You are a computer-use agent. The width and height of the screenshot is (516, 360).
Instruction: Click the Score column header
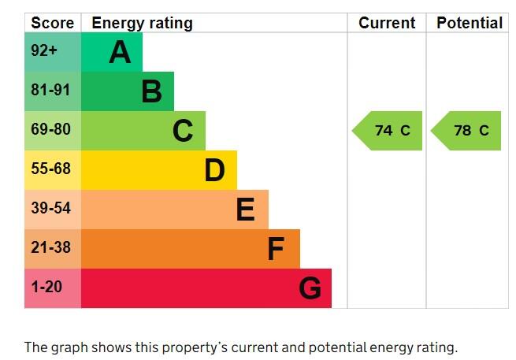click(x=52, y=23)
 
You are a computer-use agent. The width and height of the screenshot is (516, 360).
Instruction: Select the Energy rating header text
click(x=142, y=24)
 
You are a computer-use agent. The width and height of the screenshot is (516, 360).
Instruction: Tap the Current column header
click(x=387, y=23)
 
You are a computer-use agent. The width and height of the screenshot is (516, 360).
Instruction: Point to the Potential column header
click(x=470, y=23)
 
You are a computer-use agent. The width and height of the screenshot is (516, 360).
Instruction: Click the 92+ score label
click(x=44, y=50)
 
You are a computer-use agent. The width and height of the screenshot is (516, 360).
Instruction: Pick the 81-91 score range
click(x=50, y=90)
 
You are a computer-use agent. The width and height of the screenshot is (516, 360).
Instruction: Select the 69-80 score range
click(x=50, y=129)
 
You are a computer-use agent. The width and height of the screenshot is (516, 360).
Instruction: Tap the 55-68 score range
click(x=50, y=169)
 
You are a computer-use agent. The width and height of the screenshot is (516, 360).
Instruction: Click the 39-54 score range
click(x=50, y=208)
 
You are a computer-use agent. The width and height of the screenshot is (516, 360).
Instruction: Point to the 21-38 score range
click(x=50, y=247)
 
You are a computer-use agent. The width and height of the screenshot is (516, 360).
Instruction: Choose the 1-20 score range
click(x=46, y=287)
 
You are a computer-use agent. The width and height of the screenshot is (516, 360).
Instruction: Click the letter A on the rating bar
click(x=120, y=52)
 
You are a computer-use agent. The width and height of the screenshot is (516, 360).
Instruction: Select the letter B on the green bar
click(x=152, y=91)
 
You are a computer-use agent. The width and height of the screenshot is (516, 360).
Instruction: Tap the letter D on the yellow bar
click(x=214, y=170)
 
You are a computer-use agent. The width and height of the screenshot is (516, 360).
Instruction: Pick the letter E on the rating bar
click(x=246, y=210)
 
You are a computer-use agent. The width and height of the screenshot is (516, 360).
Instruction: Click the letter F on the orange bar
click(x=276, y=249)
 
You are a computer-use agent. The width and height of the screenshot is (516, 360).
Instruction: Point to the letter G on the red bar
click(x=310, y=288)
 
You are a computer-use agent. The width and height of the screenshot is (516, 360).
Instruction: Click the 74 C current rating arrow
click(x=387, y=131)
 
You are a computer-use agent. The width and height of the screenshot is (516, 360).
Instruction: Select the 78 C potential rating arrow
click(x=466, y=131)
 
